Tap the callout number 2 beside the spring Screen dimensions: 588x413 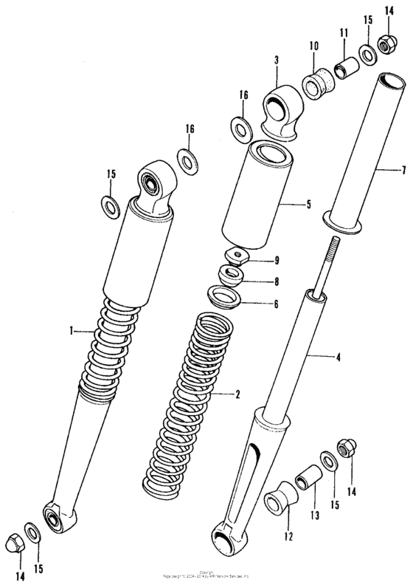point(237,394)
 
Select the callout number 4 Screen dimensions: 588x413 point(339,358)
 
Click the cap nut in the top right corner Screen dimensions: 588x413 point(383,44)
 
